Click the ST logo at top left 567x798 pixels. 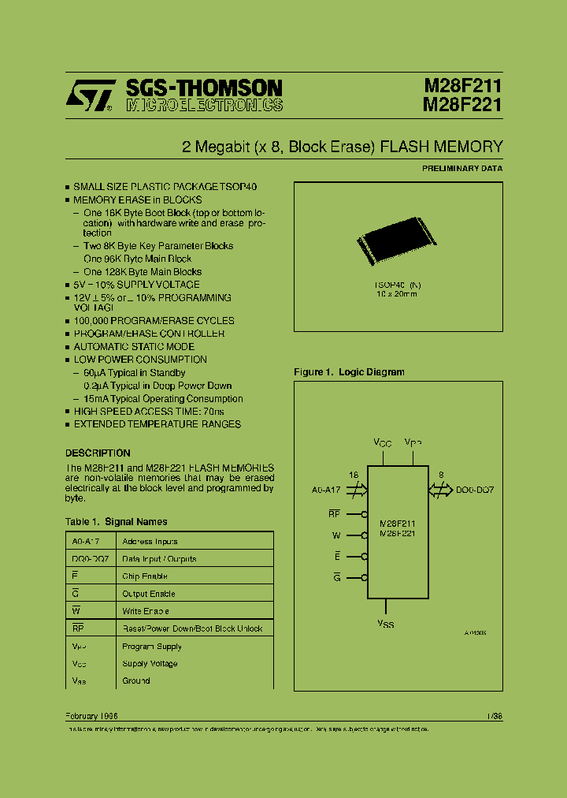91,97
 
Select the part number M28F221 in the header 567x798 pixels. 463,105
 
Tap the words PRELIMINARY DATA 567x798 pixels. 462,168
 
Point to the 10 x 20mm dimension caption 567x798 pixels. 397,293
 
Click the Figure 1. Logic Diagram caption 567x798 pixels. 349,372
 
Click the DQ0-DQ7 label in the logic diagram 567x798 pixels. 475,490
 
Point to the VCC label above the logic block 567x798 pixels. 382,444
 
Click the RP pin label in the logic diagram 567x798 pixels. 334,514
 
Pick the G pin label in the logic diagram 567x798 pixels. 336,578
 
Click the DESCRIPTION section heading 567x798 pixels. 98,453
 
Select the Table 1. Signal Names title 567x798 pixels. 116,521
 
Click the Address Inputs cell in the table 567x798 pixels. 150,542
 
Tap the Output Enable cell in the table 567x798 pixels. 148,594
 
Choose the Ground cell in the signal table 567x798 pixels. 135,681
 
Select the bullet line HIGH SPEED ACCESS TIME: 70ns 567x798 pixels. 149,412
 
